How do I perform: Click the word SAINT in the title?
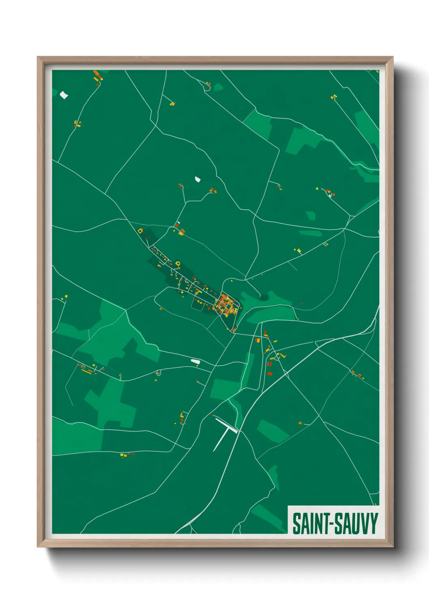pyautogui.click(x=311, y=524)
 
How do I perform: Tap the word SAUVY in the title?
pyautogui.click(x=357, y=524)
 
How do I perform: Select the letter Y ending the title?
pyautogui.click(x=373, y=524)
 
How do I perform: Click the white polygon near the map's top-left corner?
pyautogui.click(x=64, y=95)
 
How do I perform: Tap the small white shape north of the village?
pyautogui.click(x=198, y=179)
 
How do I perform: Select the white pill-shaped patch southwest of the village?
pyautogui.click(x=195, y=361)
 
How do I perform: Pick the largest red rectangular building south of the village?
pyautogui.click(x=270, y=373)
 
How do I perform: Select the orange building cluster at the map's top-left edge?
pyautogui.click(x=97, y=76)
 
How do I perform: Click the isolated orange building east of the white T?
pyautogui.click(x=300, y=423)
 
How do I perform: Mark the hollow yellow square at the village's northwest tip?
pyautogui.click(x=141, y=231)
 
